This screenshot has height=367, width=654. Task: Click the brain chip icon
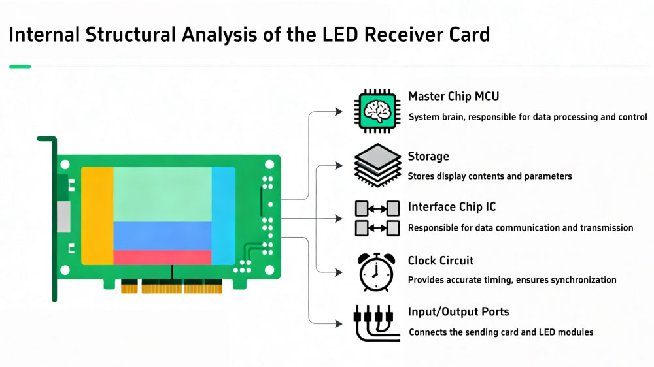point(376,109)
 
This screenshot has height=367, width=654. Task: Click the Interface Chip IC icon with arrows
point(377,218)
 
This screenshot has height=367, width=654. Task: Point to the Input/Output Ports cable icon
point(377,323)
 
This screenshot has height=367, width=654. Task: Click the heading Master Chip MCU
point(453,97)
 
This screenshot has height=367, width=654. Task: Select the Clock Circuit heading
point(441,261)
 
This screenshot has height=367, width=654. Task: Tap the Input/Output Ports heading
point(458,312)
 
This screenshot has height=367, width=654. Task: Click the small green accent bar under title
point(20,66)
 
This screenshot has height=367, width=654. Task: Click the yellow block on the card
point(97,215)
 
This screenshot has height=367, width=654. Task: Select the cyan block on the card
point(223,215)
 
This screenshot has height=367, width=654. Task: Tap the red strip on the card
point(162,257)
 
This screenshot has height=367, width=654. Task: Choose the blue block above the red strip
point(162,236)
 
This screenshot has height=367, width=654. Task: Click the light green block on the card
point(162,194)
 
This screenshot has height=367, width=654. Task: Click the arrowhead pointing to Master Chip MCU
point(338,112)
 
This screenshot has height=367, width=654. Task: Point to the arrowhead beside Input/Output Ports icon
point(338,324)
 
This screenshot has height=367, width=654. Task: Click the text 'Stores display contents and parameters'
point(490,176)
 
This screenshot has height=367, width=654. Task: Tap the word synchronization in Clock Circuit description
point(583,280)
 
